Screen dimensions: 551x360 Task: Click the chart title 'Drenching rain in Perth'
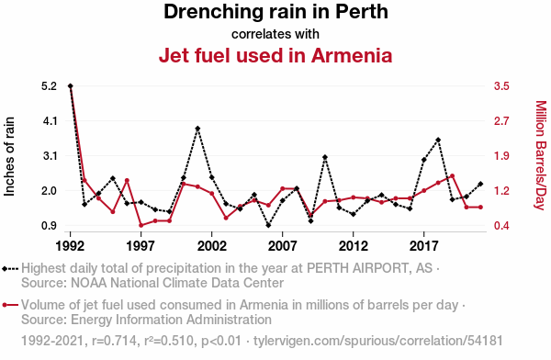point(275,12)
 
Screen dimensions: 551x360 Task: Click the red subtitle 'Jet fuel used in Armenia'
point(275,55)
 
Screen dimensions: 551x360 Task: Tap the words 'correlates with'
point(275,34)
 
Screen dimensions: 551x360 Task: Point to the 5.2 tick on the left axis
point(49,85)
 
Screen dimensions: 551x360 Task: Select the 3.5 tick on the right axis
point(501,85)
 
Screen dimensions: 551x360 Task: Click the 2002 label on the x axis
point(211,246)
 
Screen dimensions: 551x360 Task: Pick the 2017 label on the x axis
point(423,246)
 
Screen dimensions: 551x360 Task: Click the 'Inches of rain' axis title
point(9,156)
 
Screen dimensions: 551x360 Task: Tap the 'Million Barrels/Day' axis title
point(541,155)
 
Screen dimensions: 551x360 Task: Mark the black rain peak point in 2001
point(197,129)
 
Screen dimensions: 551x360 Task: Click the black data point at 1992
point(71,85)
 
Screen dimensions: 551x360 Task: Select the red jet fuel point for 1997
point(141,225)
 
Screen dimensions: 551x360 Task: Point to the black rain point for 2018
point(438,140)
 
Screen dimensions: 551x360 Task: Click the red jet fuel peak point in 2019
point(452,175)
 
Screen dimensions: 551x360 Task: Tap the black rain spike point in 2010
point(325,157)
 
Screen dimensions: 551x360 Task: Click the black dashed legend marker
point(10,269)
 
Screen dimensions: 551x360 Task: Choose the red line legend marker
point(10,305)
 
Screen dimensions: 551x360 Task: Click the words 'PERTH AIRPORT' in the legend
point(358,268)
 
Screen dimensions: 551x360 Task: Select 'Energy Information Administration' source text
point(171,320)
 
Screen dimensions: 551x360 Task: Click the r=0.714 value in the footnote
point(114,341)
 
